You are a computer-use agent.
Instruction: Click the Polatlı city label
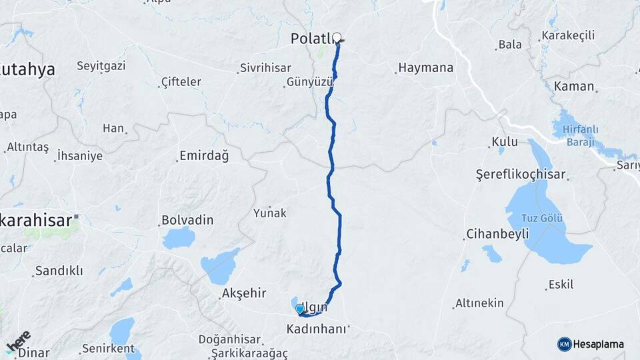click(311, 39)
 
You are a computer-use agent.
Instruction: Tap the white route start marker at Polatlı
click(337, 37)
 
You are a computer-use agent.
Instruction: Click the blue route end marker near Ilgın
click(299, 309)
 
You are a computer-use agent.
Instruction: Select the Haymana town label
click(425, 68)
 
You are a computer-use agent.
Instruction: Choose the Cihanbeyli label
click(497, 234)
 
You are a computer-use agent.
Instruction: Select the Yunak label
click(269, 213)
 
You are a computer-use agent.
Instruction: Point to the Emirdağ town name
click(203, 157)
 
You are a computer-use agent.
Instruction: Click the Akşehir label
click(244, 293)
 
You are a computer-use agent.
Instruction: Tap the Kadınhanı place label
click(316, 329)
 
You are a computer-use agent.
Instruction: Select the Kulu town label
click(504, 141)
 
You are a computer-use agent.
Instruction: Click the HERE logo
click(18, 341)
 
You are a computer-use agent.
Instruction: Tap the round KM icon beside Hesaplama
click(564, 344)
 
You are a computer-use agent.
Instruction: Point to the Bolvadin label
click(187, 220)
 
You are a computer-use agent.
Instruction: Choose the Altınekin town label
click(479, 303)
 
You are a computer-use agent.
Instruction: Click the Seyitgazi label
click(101, 66)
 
